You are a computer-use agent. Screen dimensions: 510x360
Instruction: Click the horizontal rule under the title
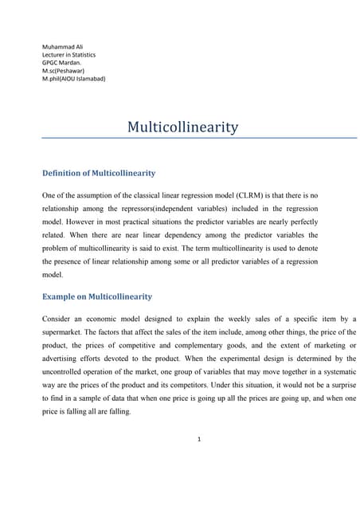[180, 139]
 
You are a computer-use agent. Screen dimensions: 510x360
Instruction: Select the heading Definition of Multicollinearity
[98, 173]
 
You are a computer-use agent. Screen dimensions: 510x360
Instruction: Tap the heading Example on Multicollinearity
[96, 296]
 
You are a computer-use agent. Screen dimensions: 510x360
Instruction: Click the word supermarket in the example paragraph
[63, 331]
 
